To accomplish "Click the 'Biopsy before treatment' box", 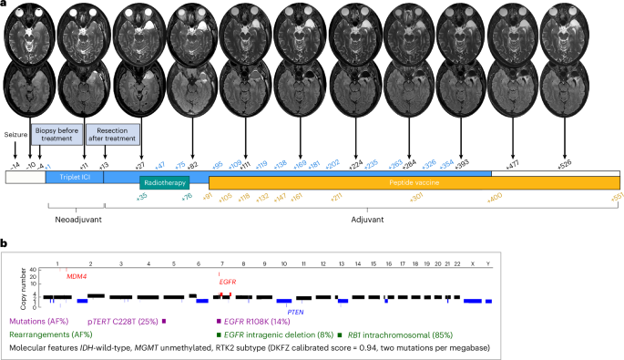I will [x=57, y=135].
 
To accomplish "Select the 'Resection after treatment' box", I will [x=112, y=135].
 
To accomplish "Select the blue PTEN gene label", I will [x=295, y=312].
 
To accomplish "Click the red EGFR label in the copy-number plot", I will [x=229, y=282].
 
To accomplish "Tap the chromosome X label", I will [x=470, y=262].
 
